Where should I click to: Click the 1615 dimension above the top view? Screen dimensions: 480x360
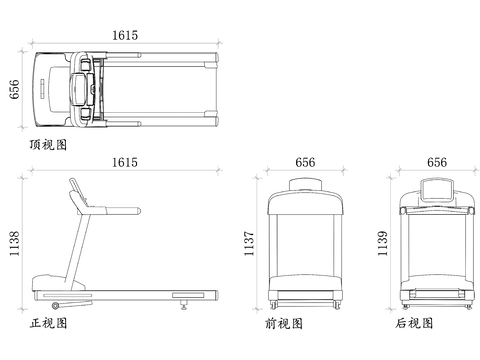click(x=125, y=35)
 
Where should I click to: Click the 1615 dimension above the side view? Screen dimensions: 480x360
click(x=125, y=163)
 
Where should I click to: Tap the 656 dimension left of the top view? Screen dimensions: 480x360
click(x=14, y=89)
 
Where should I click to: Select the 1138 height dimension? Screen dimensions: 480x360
click(x=14, y=244)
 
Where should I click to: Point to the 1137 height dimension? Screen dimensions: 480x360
click(x=249, y=244)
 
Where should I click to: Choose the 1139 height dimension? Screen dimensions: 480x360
click(x=382, y=244)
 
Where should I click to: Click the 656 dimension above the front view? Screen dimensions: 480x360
click(x=305, y=163)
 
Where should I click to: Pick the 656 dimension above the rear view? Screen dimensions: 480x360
click(x=437, y=163)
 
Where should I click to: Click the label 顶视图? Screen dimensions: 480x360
click(x=48, y=145)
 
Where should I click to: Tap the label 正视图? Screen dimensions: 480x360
click(x=49, y=323)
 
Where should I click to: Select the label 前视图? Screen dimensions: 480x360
click(x=284, y=323)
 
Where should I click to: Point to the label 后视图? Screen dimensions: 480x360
click(x=414, y=323)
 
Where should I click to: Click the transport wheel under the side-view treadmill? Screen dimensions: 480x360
click(x=55, y=305)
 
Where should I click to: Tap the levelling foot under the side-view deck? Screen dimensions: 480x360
click(x=183, y=305)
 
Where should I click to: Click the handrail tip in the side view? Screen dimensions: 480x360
click(x=139, y=211)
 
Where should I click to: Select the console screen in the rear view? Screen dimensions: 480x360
click(x=437, y=190)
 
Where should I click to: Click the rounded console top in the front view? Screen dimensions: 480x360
click(x=305, y=184)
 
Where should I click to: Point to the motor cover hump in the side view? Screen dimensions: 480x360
click(x=58, y=283)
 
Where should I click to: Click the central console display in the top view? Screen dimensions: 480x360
click(x=80, y=89)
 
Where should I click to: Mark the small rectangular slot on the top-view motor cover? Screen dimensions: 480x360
click(x=42, y=89)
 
